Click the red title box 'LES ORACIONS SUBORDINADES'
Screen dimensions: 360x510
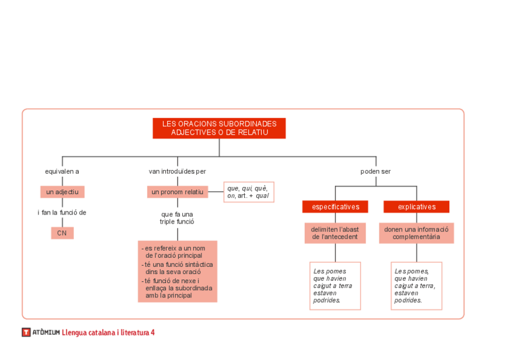[x=219, y=128]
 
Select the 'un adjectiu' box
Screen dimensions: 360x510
[x=63, y=192]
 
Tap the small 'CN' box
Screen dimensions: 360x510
[x=62, y=233]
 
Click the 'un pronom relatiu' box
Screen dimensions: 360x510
[x=177, y=192]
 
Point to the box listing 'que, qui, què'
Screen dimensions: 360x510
[x=248, y=192]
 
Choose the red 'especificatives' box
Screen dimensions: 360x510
[x=335, y=207]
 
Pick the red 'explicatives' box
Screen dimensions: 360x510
[x=416, y=207]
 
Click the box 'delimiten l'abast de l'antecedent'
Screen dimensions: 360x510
[x=335, y=233]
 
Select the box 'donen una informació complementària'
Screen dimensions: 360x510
[x=416, y=233]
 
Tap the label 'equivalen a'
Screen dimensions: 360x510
[x=62, y=171]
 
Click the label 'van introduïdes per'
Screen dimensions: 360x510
[x=177, y=171]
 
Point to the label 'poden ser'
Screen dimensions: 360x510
[x=375, y=171]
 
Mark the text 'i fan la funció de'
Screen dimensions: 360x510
[x=62, y=212]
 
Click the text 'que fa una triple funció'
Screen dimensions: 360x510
[x=177, y=218]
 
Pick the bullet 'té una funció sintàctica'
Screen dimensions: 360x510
[x=177, y=267]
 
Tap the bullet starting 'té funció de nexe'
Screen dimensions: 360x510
[x=177, y=288]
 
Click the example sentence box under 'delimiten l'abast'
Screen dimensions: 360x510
[x=335, y=285]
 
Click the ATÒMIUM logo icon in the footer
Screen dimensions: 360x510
[x=26, y=332]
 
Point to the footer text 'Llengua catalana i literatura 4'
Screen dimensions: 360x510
[x=108, y=332]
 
